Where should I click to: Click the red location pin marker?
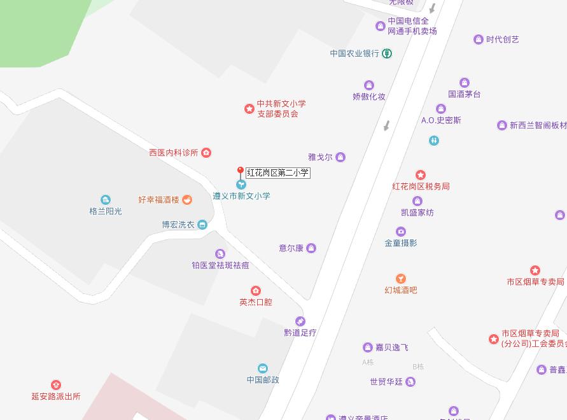[x=240, y=172]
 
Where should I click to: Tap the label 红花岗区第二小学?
[x=278, y=172]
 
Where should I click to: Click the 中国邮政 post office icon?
[x=263, y=368]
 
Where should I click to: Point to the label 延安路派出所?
[x=56, y=396]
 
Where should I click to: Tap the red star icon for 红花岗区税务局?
[x=420, y=175]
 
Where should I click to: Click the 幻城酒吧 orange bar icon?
[x=400, y=278]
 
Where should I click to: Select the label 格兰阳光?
[x=106, y=211]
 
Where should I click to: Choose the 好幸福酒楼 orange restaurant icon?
[x=187, y=200]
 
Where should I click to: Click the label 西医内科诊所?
[x=174, y=153]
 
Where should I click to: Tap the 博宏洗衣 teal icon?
[x=202, y=225]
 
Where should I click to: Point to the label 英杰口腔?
[x=256, y=302]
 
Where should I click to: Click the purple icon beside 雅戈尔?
[x=340, y=157]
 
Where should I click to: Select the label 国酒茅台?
[x=465, y=94]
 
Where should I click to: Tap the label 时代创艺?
[x=503, y=39]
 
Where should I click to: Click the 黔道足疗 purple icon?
[x=300, y=321]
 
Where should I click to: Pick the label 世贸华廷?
[x=386, y=382]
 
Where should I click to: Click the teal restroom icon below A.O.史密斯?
[x=434, y=141]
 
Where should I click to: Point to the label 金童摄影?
[x=401, y=243]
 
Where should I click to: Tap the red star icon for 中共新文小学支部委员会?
[x=249, y=109]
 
